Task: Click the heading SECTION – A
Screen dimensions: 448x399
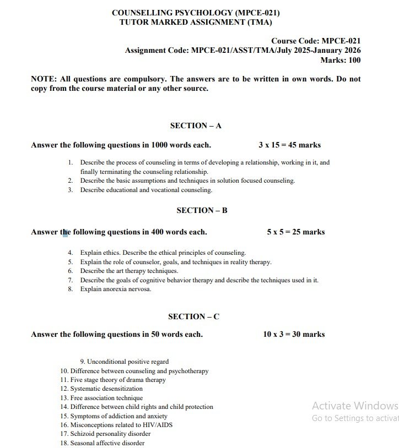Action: point(196,126)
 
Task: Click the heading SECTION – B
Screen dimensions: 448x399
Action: point(202,211)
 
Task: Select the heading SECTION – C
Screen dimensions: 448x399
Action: point(193,316)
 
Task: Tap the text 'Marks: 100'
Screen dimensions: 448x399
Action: point(340,61)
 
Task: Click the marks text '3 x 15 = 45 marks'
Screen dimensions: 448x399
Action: point(289,145)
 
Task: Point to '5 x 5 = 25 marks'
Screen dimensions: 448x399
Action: point(295,232)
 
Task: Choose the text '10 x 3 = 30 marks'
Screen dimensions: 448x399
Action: point(294,335)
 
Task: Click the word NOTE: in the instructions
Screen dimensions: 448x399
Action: point(43,79)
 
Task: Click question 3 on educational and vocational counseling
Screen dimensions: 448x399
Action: point(145,190)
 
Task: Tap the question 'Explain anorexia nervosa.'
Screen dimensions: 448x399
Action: point(115,289)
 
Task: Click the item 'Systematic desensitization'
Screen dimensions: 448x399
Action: point(106,389)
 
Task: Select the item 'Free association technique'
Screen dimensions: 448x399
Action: point(106,398)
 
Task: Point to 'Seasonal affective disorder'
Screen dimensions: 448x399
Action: point(107,443)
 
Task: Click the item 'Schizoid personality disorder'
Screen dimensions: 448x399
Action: point(110,434)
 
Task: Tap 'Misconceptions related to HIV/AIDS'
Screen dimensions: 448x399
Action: point(117,425)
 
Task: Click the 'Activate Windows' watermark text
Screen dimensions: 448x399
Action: point(354,406)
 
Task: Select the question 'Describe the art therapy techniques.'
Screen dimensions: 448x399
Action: point(129,271)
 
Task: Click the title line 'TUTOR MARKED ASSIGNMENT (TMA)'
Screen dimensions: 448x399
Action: point(196,23)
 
